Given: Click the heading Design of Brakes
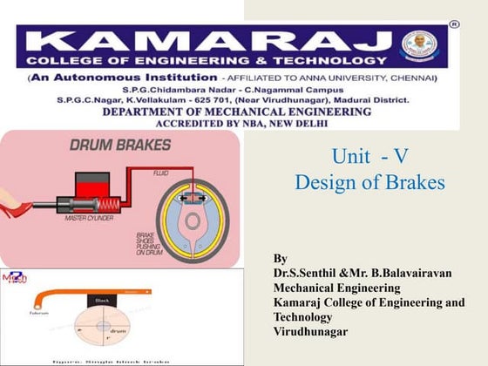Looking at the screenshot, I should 370,184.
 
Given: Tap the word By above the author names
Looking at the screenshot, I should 280,259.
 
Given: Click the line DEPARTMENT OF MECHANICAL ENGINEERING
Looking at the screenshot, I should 235,111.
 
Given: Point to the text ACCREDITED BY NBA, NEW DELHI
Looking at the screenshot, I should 235,124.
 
